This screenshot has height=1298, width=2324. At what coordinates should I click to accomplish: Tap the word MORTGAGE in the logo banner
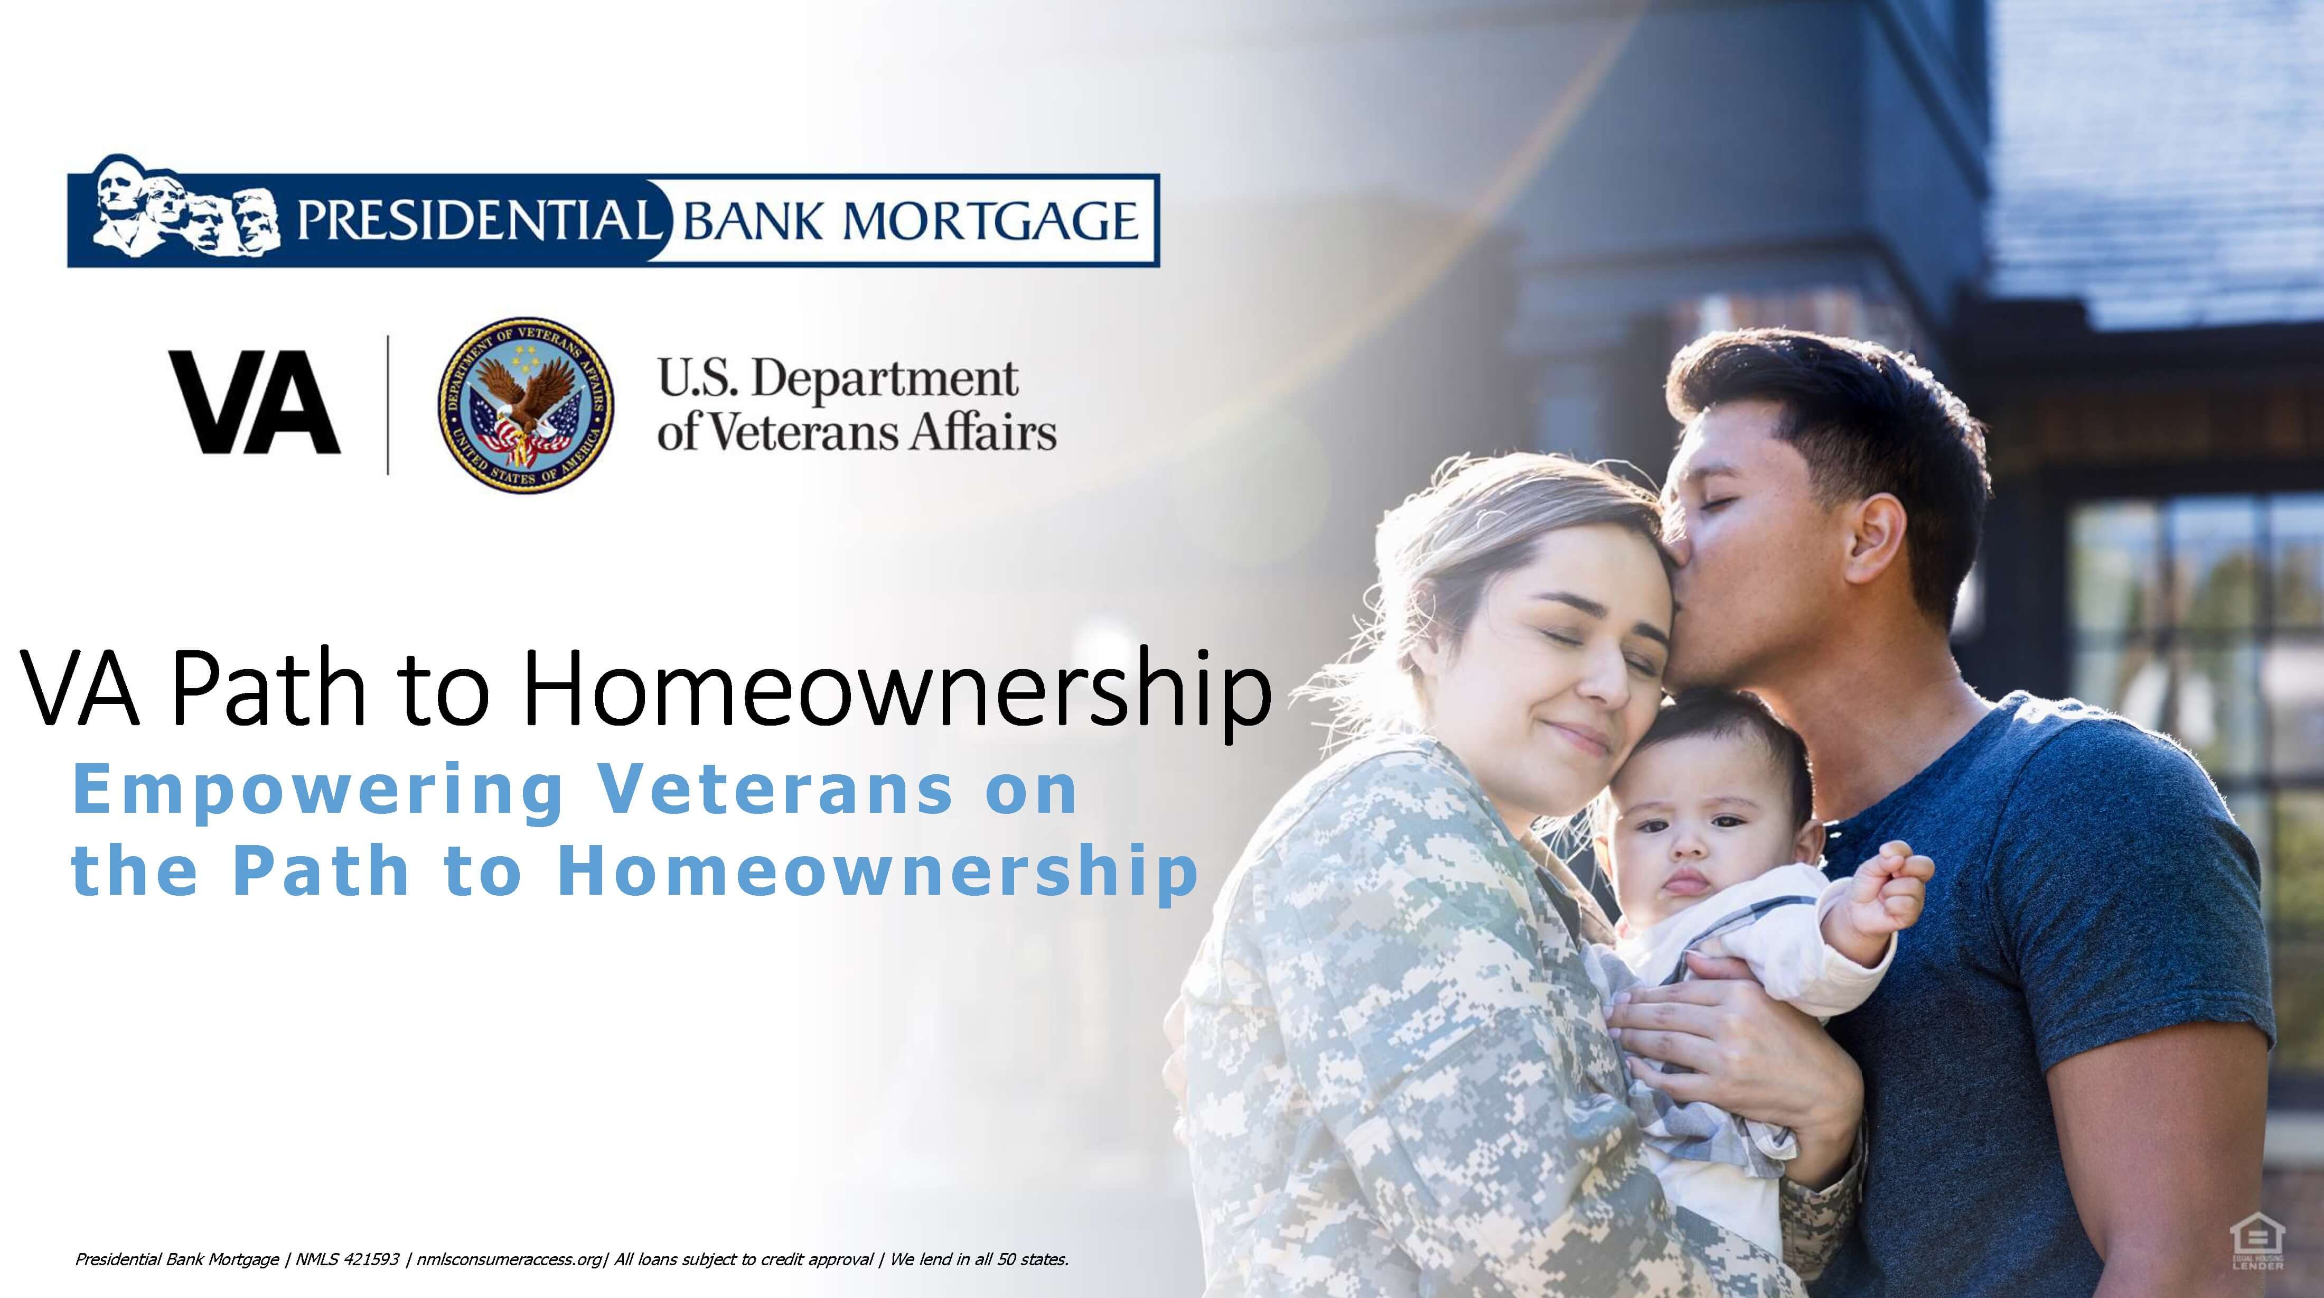click(x=990, y=221)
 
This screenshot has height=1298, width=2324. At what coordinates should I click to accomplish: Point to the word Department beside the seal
click(x=884, y=379)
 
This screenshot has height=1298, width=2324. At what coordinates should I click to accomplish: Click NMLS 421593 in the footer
click(x=348, y=1259)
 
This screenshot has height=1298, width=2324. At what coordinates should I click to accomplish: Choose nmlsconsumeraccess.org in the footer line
click(x=509, y=1260)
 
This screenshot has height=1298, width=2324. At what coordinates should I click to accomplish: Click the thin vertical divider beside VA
click(x=388, y=404)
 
